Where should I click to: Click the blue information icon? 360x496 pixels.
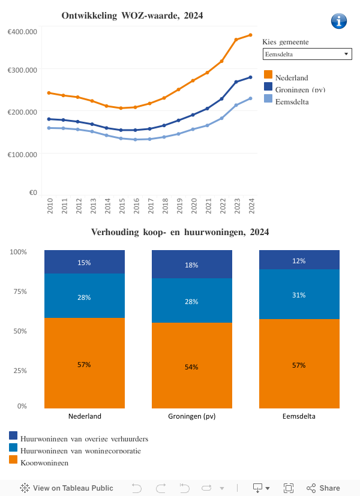(x=339, y=21)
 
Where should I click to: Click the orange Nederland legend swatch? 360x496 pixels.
(x=268, y=75)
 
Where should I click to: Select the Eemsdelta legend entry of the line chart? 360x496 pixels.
(x=292, y=102)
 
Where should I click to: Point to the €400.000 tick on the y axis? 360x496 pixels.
(x=23, y=31)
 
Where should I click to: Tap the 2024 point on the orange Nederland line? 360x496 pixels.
(x=250, y=35)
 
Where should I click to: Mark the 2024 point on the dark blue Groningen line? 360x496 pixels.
(x=250, y=77)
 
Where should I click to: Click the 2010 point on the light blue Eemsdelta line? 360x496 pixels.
(x=49, y=128)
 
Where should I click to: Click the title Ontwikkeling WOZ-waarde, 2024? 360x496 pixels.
(x=132, y=16)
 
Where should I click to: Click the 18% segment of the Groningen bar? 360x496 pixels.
(x=191, y=264)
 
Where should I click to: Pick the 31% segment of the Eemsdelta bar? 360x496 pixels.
(x=299, y=294)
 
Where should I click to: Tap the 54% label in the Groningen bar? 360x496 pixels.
(x=191, y=367)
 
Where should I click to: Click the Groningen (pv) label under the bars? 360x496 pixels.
(x=191, y=416)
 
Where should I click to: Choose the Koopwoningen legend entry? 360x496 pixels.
(x=44, y=462)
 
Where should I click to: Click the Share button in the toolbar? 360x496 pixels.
(x=323, y=488)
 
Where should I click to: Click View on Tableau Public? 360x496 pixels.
(x=67, y=488)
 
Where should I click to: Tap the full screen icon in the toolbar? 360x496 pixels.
(x=289, y=488)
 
